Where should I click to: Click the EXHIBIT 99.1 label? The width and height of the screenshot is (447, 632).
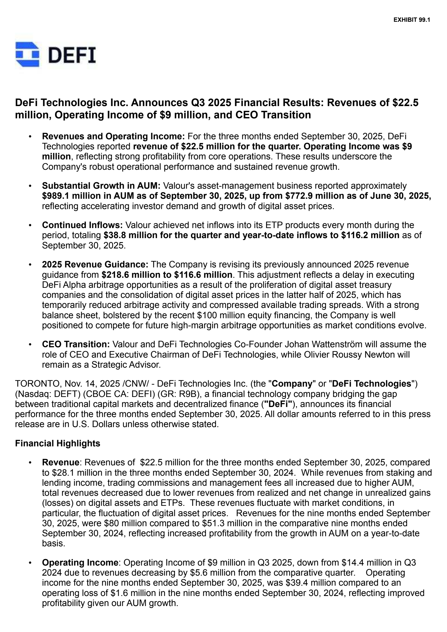coord(412,20)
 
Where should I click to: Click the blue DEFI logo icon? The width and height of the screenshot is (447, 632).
coord(27,55)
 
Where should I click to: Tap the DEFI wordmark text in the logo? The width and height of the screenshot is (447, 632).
coord(72,55)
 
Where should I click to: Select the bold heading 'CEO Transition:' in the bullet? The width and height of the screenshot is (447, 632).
coord(75,344)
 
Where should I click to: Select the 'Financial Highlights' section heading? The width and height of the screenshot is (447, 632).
coord(58,443)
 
